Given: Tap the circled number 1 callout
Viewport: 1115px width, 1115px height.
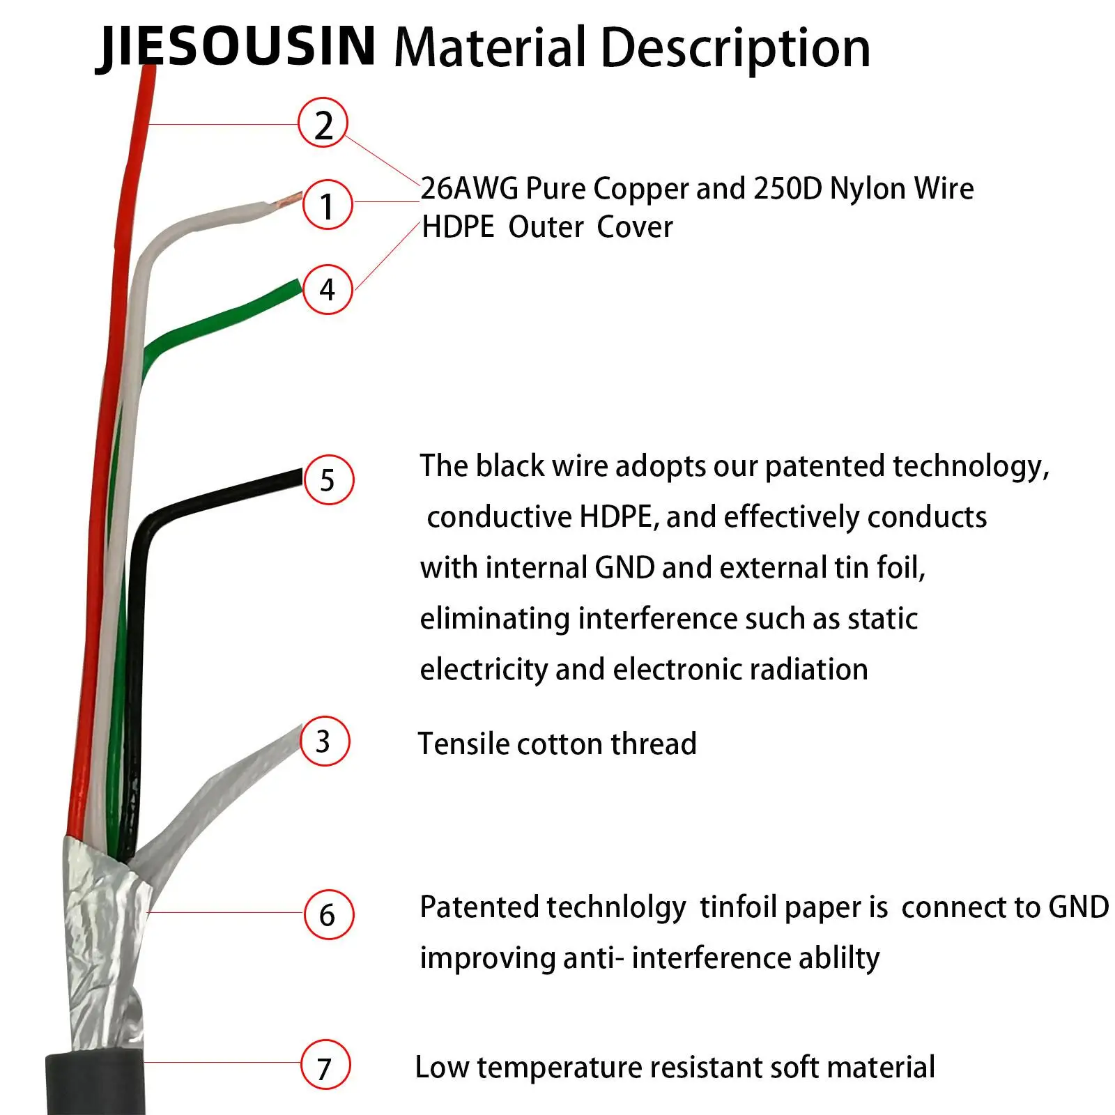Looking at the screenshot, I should pos(327,204).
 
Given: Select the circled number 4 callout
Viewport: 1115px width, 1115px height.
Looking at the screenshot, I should pos(328,289).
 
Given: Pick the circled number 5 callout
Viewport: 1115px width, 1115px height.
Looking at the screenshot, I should pos(328,479).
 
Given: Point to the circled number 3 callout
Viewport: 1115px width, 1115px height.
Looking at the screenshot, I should pos(323,741).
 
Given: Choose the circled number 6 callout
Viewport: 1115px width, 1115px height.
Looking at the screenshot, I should pos(328,914).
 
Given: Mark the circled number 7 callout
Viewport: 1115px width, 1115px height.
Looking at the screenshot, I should pos(325,1066).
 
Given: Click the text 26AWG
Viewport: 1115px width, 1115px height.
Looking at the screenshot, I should pos(470,188).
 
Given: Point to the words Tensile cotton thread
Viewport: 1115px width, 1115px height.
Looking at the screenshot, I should pos(557,744).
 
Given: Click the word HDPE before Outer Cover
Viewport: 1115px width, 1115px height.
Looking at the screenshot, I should pos(458,227).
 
